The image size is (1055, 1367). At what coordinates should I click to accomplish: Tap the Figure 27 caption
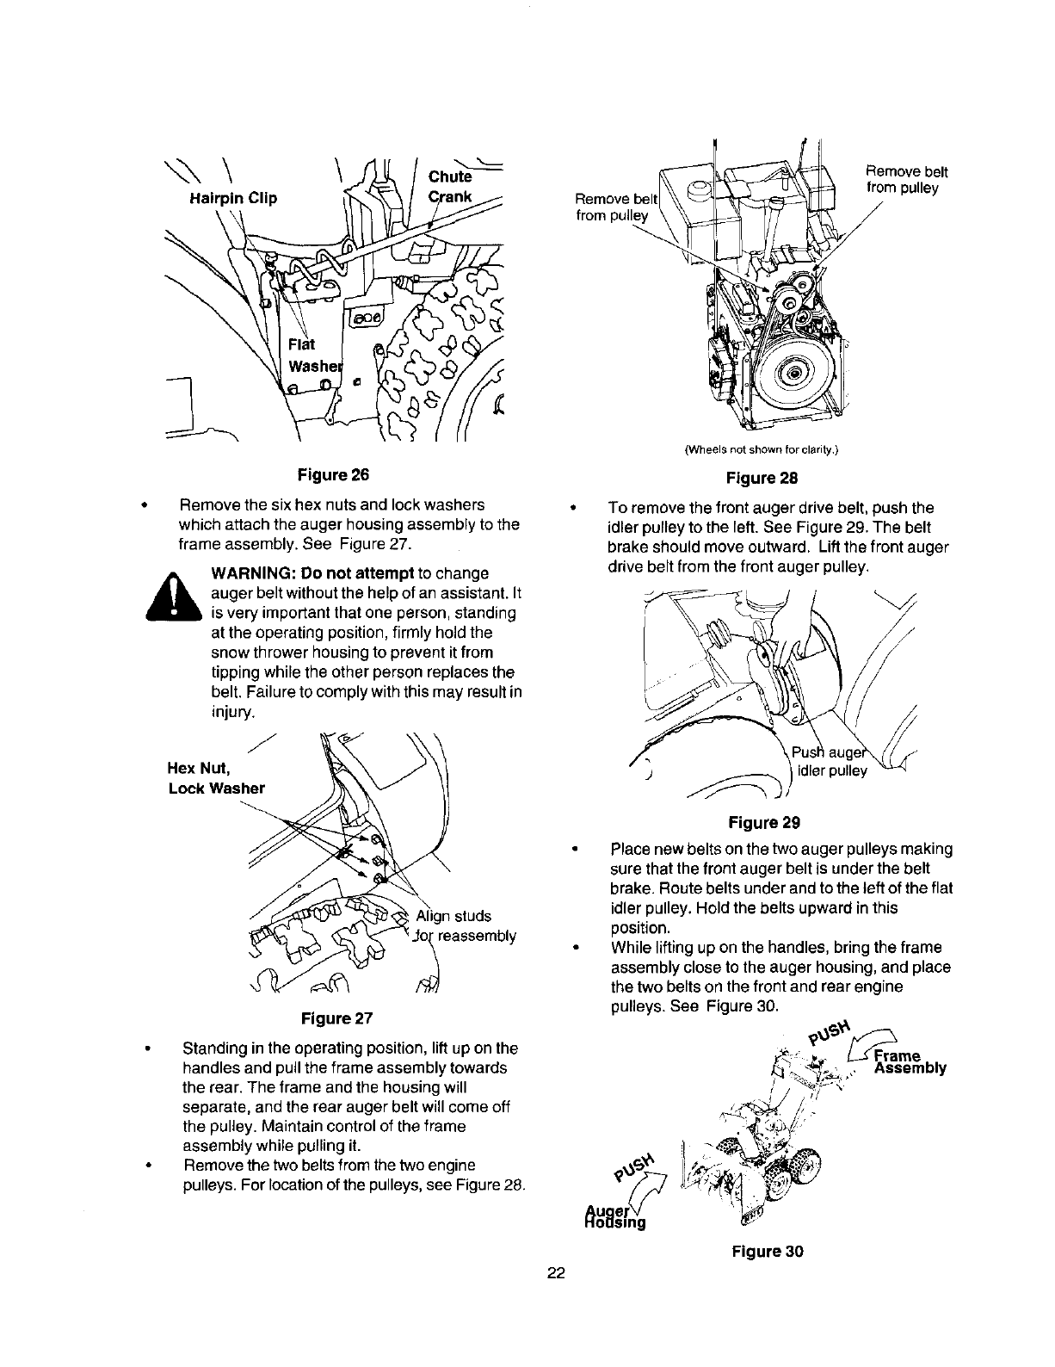click(336, 1018)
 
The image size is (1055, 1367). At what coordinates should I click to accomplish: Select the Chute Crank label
click(450, 187)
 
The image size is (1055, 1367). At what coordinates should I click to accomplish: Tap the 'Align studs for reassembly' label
click(465, 925)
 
